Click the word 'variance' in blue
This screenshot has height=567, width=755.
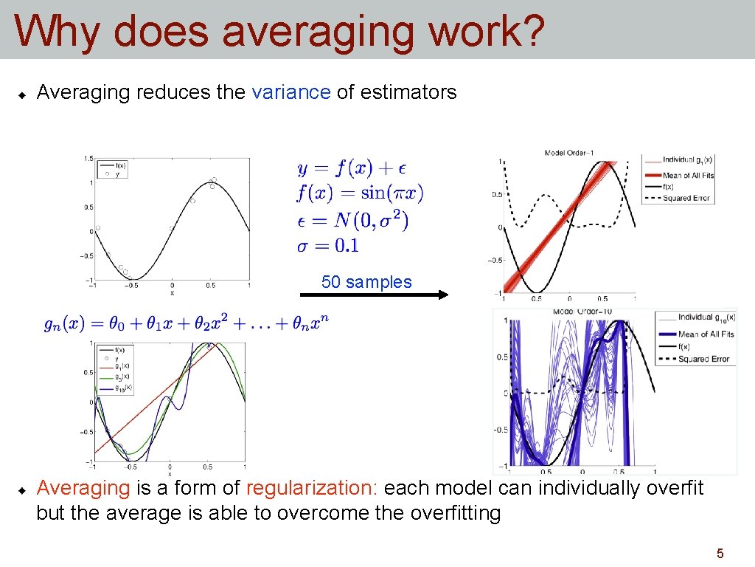tap(291, 92)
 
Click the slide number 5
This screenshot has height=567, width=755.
tap(720, 553)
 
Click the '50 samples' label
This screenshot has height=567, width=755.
tap(366, 282)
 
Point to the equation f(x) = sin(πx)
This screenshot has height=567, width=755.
tap(360, 193)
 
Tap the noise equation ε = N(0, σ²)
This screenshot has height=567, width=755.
tap(352, 220)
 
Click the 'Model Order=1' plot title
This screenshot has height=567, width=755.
tap(569, 153)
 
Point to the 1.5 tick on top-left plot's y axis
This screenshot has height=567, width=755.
tap(88, 158)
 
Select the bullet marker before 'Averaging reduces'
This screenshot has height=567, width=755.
tap(22, 94)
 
